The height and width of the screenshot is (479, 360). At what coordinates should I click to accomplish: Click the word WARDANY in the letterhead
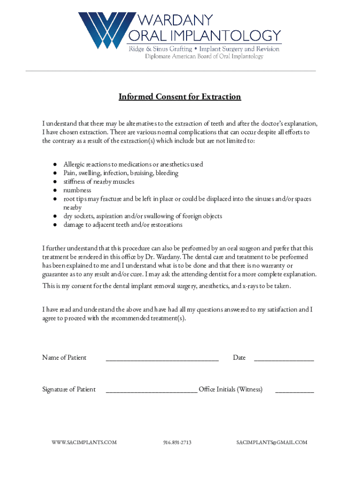[x=174, y=20]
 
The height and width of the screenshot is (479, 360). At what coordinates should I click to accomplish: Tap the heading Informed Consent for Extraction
[x=180, y=97]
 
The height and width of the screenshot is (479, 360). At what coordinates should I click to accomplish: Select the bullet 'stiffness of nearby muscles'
[x=99, y=181]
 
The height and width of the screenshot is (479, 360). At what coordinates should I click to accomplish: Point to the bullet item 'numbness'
[x=77, y=190]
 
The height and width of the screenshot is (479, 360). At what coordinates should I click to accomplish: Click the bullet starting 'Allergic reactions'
[x=133, y=164]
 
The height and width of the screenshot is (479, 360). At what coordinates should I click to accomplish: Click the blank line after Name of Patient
[x=162, y=360]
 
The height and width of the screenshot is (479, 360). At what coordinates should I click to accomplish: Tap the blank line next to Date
[x=283, y=360]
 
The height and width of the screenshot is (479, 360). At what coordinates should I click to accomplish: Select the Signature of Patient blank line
[x=151, y=392]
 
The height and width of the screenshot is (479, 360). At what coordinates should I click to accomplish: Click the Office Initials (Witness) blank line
[x=294, y=392]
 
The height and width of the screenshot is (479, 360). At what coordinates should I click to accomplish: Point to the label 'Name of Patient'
[x=64, y=358]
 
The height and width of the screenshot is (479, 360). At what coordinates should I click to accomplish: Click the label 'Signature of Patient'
[x=69, y=389]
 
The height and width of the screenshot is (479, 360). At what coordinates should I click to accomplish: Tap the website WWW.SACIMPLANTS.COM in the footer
[x=84, y=442]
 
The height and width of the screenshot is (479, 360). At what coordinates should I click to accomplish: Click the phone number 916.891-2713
[x=177, y=442]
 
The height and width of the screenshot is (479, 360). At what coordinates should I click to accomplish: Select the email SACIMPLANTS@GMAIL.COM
[x=272, y=442]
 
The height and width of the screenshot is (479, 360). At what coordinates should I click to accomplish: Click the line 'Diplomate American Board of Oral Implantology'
[x=204, y=57]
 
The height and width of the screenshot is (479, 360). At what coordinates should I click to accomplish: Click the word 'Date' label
[x=239, y=358]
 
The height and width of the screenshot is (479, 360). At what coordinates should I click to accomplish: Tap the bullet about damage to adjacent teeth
[x=123, y=225]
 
